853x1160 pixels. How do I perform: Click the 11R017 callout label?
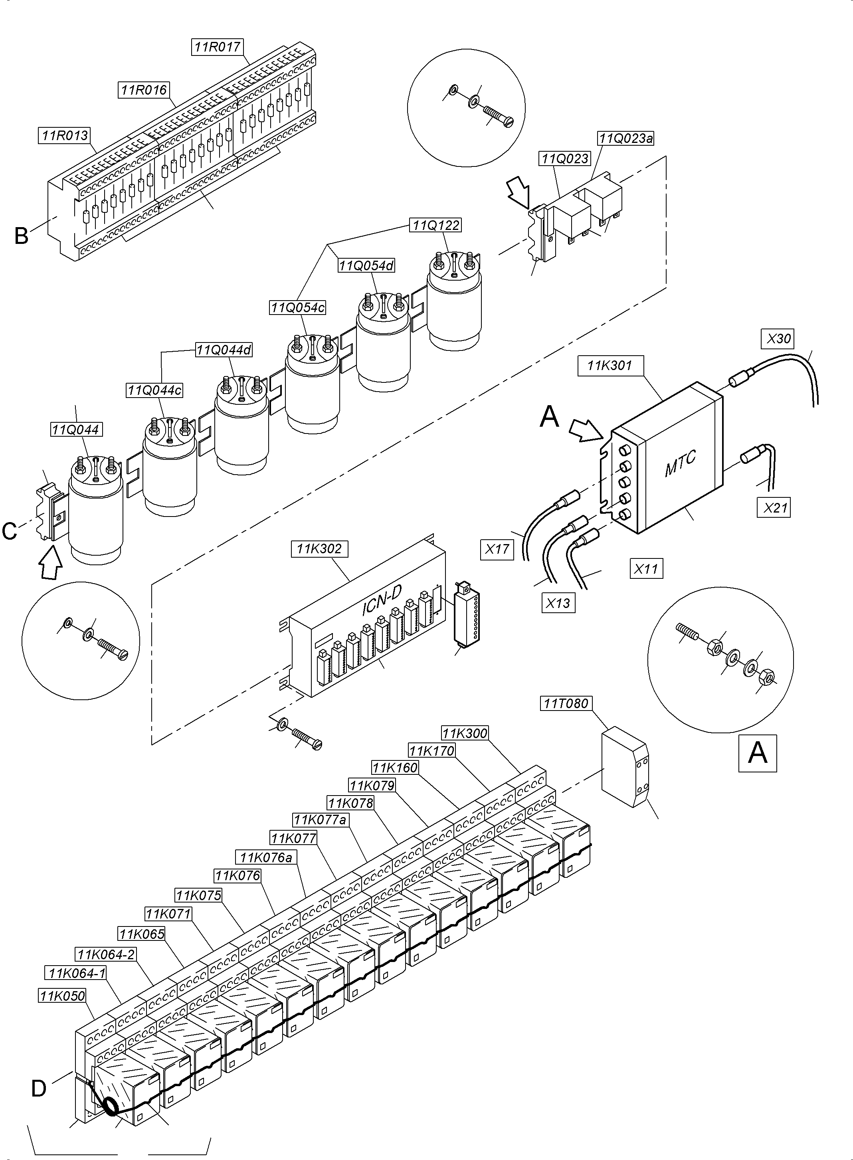[218, 47]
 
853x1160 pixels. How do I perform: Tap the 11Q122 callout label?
[435, 225]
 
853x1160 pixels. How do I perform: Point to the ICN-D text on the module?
[381, 602]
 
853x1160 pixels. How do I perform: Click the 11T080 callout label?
[566, 704]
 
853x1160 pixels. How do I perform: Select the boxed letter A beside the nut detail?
[758, 753]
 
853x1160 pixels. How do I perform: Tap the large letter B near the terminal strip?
[21, 236]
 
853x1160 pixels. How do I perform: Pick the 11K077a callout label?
[320, 819]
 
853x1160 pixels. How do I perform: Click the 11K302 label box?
[319, 549]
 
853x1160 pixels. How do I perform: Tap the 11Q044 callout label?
[76, 429]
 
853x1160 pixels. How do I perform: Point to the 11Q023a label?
[626, 139]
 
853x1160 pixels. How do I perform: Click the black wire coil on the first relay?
[111, 1106]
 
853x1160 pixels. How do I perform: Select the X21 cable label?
[776, 508]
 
